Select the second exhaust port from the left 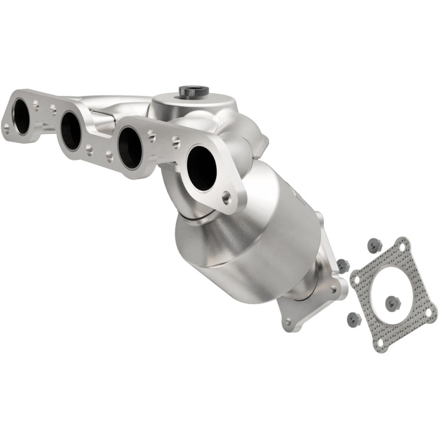(71, 130)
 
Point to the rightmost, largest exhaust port (201, 168)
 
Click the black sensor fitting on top (193, 91)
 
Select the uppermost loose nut (374, 245)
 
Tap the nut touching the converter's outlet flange (343, 266)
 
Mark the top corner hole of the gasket (401, 246)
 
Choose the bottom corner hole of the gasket (380, 343)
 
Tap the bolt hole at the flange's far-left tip (7, 128)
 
